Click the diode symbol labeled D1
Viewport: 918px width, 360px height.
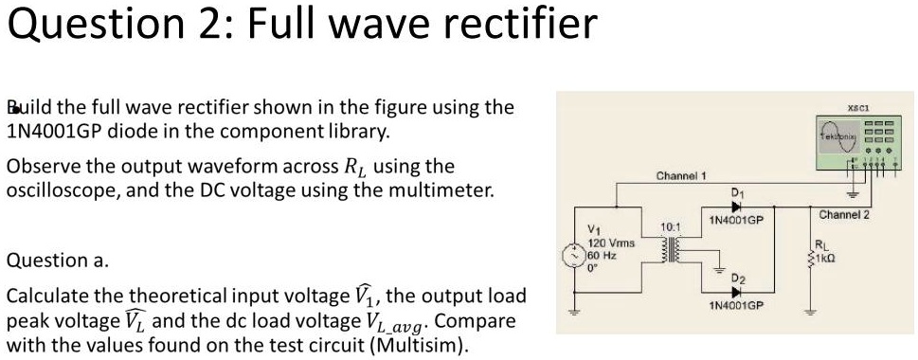737,207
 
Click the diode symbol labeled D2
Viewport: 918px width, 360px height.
737,290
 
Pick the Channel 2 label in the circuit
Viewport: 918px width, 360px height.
844,216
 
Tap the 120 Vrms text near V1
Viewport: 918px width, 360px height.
610,243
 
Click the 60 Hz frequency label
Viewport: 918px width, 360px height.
602,254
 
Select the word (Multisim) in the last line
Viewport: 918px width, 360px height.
416,343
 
